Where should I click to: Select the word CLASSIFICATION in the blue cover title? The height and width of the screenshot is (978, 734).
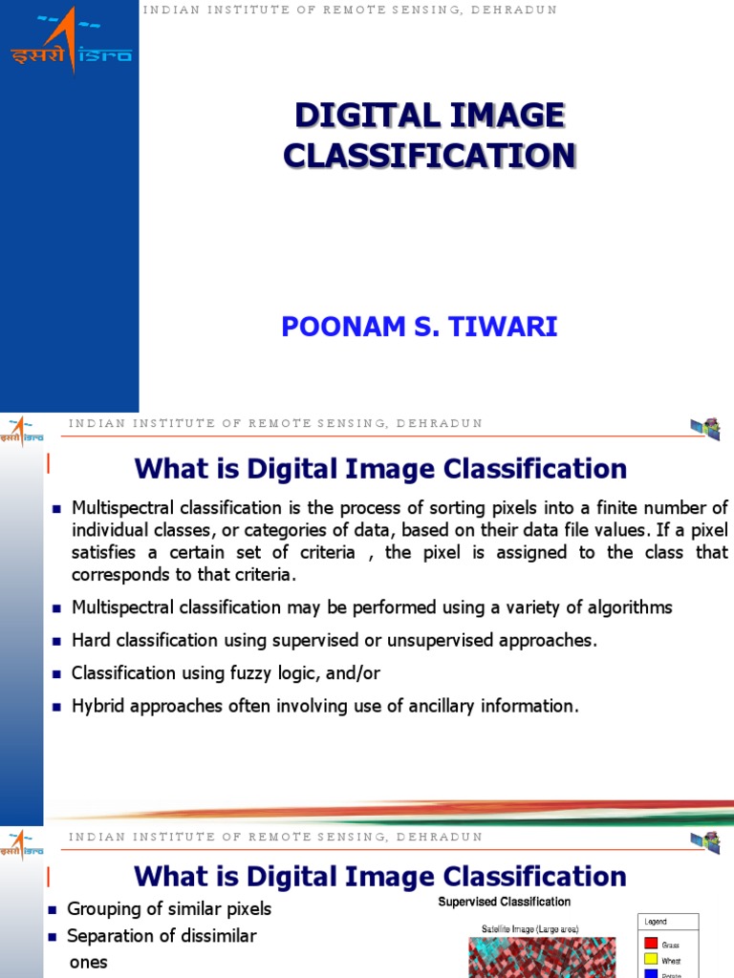pyautogui.click(x=429, y=156)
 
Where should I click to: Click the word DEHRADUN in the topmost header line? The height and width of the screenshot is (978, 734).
pyautogui.click(x=516, y=10)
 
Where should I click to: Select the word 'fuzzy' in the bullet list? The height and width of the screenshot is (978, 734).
pyautogui.click(x=251, y=673)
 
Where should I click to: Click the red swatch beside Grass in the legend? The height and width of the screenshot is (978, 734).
pyautogui.click(x=651, y=944)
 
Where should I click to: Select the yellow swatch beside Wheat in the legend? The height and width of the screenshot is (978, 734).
pyautogui.click(x=651, y=960)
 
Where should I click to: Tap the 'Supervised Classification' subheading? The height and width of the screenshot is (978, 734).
pyautogui.click(x=505, y=902)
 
